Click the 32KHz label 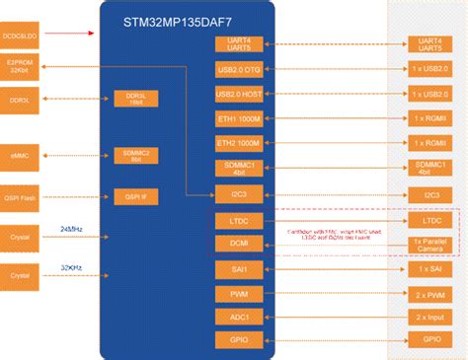coord(72,266)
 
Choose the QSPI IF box coord(136,195)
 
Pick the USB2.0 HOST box coord(239,94)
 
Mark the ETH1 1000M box coord(239,119)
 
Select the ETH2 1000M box coord(239,144)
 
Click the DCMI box coord(239,243)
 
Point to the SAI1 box coord(239,268)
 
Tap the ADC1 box coord(239,317)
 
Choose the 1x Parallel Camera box coord(432,244)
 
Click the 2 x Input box coord(432,317)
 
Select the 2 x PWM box coord(432,293)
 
